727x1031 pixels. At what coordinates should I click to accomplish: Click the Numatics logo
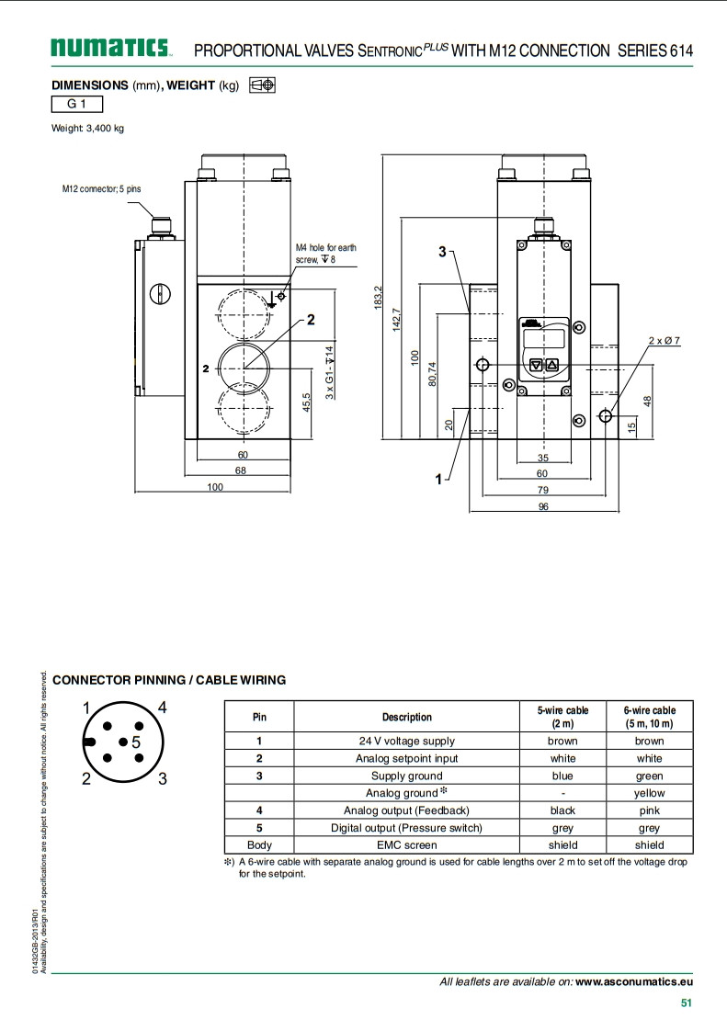pyautogui.click(x=111, y=48)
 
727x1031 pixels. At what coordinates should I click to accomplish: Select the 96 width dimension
pyautogui.click(x=543, y=506)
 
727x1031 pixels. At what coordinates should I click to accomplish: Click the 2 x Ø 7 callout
pyautogui.click(x=665, y=341)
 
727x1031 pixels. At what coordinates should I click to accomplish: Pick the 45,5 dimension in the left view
pyautogui.click(x=306, y=402)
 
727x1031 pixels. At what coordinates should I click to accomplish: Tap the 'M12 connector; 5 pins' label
pyautogui.click(x=102, y=188)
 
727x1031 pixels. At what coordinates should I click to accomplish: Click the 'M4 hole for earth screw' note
pyautogui.click(x=325, y=254)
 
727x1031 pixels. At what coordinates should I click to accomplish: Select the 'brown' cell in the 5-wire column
pyautogui.click(x=562, y=741)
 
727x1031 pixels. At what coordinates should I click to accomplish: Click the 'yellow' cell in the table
pyautogui.click(x=649, y=793)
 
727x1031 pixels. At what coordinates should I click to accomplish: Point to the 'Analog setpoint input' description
pyautogui.click(x=406, y=758)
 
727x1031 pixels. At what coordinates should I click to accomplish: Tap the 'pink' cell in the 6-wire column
pyautogui.click(x=649, y=810)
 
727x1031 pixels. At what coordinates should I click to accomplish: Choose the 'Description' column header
pyautogui.click(x=406, y=717)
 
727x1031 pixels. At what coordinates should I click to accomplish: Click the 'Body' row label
pyautogui.click(x=259, y=845)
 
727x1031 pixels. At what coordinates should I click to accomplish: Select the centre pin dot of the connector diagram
pyautogui.click(x=122, y=741)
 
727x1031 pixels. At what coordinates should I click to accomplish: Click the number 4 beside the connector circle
pyautogui.click(x=162, y=708)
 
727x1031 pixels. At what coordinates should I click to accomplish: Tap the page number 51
pyautogui.click(x=686, y=1003)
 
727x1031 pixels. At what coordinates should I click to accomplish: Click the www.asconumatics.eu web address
pyautogui.click(x=634, y=981)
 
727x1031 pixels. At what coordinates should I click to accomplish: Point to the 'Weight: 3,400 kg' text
pyautogui.click(x=87, y=128)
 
